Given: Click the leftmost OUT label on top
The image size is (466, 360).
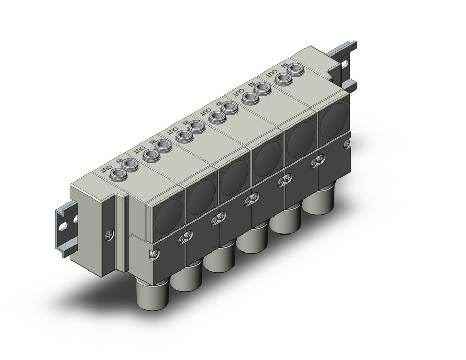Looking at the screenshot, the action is (106, 169).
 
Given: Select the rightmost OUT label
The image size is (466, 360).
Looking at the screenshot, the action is (272, 73).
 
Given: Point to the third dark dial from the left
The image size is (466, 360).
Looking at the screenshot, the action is (235, 176).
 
